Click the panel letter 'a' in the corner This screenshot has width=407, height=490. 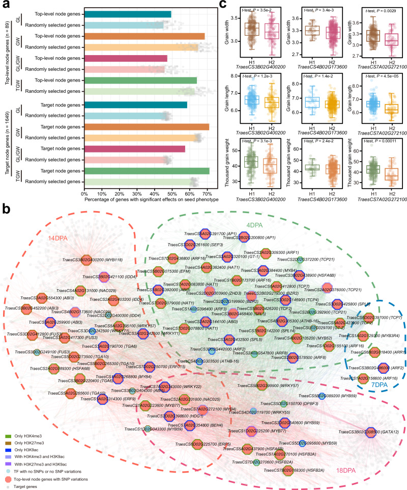[5, 5]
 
